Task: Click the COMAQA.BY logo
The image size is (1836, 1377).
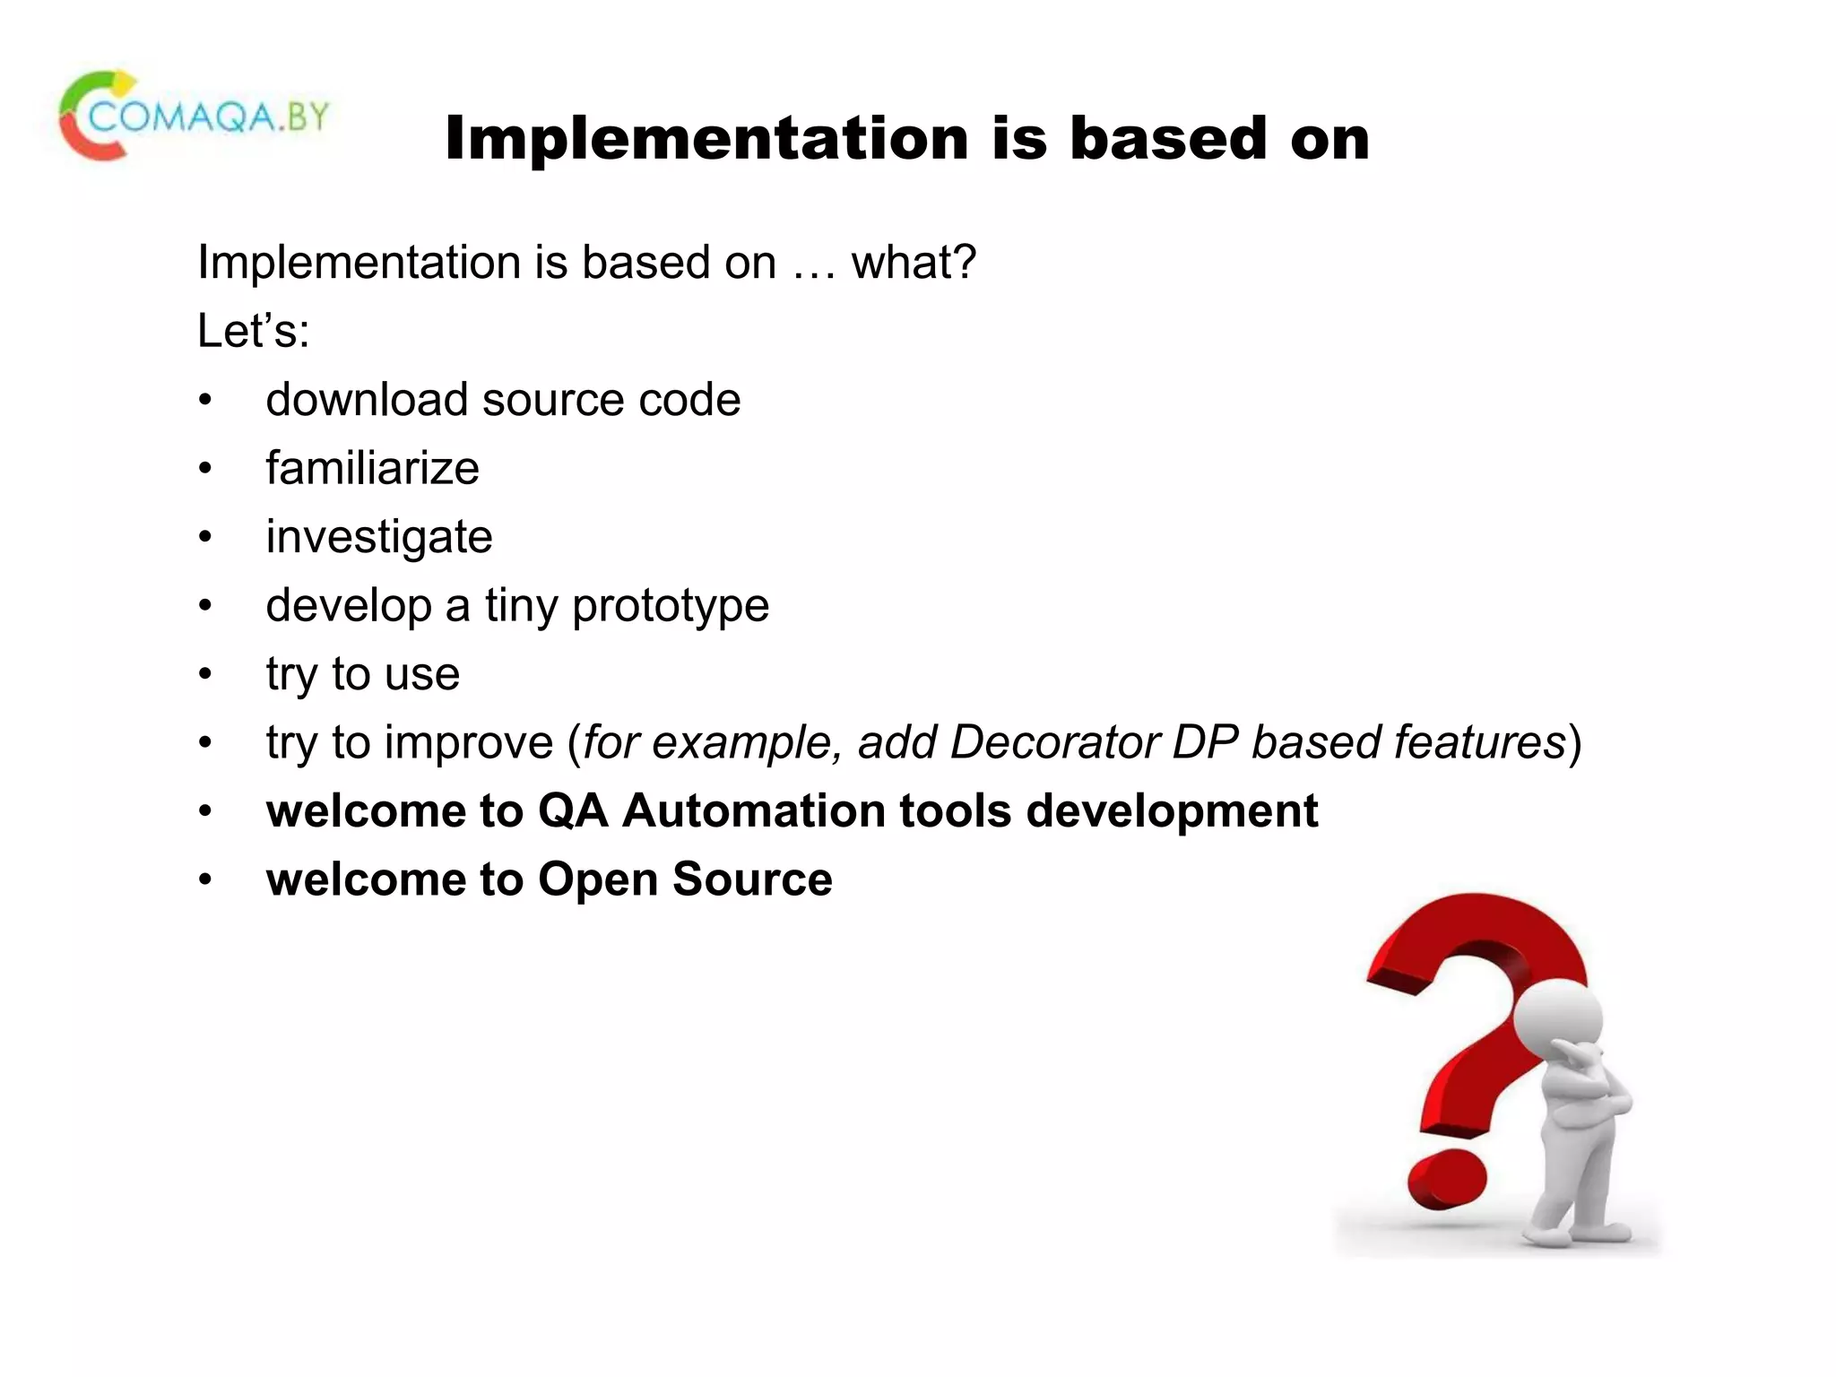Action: coord(194,117)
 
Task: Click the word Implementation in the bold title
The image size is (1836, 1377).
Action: coord(706,139)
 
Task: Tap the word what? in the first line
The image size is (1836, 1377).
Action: coord(913,263)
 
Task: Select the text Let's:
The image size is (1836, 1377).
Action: coord(254,331)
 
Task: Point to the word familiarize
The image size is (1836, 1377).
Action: coord(372,469)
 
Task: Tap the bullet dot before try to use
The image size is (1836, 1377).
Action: coord(205,674)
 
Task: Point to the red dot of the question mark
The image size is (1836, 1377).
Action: coord(1445,1178)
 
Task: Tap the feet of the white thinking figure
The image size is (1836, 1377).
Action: coord(1578,1233)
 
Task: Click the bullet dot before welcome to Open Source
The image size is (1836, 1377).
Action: coord(205,880)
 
